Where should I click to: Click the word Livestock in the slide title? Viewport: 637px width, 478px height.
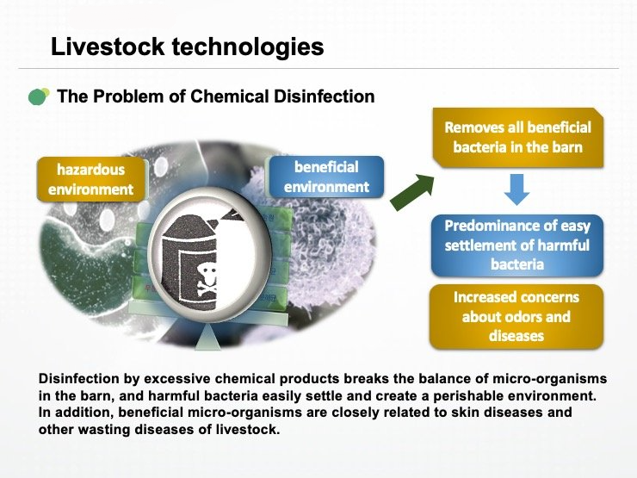click(108, 47)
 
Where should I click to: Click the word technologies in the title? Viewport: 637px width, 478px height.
click(248, 47)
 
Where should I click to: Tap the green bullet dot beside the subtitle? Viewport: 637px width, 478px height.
click(39, 96)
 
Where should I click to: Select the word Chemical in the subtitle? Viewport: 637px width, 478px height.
click(230, 96)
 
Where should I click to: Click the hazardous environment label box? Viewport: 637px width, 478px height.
click(91, 179)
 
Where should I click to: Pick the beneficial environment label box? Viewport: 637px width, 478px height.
click(326, 177)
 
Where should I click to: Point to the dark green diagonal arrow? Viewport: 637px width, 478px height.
click(412, 192)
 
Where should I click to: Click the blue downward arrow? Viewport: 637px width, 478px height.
click(516, 189)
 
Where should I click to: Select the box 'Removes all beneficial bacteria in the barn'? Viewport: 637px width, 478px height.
click(518, 138)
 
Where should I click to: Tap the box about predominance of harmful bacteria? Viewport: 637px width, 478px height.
click(517, 245)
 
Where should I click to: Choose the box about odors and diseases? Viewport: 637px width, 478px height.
click(516, 317)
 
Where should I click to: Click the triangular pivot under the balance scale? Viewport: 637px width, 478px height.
click(207, 337)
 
